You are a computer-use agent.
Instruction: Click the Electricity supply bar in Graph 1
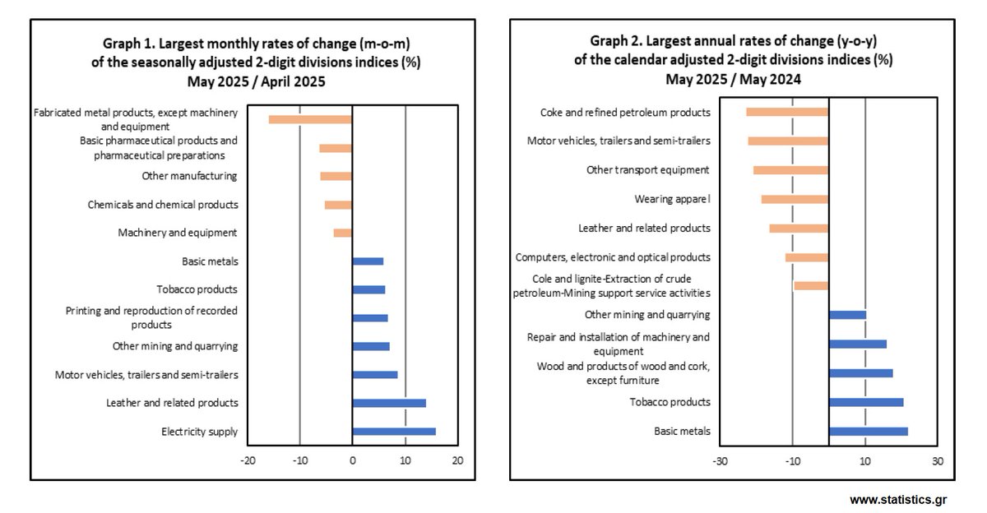(x=393, y=432)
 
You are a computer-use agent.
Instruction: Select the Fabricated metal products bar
(x=310, y=119)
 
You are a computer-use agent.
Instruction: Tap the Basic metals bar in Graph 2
(x=868, y=432)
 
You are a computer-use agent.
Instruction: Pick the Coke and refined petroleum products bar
(x=787, y=112)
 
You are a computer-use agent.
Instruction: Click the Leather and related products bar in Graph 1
(x=388, y=403)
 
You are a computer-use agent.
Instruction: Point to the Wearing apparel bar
(x=795, y=199)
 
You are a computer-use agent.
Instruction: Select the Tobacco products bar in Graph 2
(x=866, y=402)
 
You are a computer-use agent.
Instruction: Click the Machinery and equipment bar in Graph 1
(x=342, y=233)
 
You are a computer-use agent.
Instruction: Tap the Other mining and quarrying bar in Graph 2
(x=847, y=315)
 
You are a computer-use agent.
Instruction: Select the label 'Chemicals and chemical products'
(x=163, y=205)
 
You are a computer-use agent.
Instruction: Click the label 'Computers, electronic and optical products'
(x=613, y=257)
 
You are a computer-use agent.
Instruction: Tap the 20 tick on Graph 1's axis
(x=457, y=460)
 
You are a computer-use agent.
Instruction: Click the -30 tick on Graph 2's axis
(x=720, y=460)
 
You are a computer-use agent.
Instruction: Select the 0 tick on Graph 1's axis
(x=352, y=460)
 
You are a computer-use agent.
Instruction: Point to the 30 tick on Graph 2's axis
(x=937, y=460)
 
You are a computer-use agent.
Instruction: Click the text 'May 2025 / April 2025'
(x=256, y=81)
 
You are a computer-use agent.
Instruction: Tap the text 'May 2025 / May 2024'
(x=734, y=79)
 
